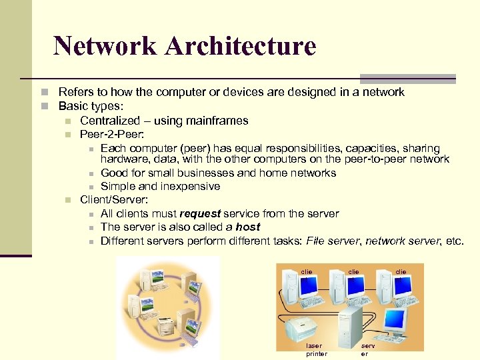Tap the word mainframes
coord(216,121)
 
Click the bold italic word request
coord(199,213)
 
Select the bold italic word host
coord(248,227)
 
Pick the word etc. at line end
coord(453,241)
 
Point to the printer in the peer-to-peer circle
coord(165,325)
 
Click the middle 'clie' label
coord(354,272)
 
